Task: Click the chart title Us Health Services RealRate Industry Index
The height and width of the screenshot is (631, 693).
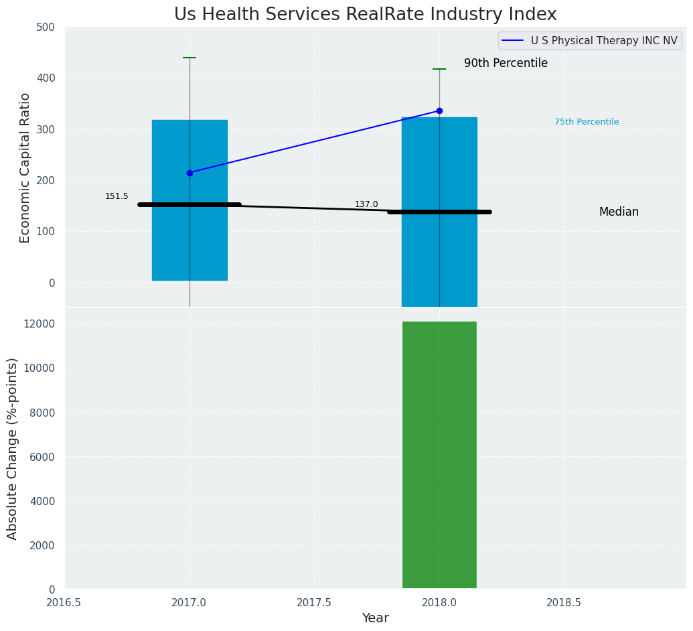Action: tap(365, 15)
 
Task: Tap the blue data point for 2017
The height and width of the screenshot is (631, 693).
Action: tap(189, 173)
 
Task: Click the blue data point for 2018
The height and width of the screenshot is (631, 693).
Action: tap(439, 111)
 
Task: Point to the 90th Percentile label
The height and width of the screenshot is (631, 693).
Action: tap(506, 64)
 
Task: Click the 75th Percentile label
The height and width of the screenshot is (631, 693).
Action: tap(586, 122)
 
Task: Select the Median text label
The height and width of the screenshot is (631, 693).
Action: tap(618, 212)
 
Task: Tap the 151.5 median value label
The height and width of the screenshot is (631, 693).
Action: tap(117, 196)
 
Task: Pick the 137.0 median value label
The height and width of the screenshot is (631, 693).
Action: tap(366, 204)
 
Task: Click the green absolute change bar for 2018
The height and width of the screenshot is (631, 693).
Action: tap(439, 455)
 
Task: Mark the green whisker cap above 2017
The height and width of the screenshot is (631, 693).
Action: tap(189, 58)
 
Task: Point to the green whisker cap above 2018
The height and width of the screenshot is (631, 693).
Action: tap(439, 69)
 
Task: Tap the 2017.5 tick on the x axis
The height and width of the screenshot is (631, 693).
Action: tap(314, 602)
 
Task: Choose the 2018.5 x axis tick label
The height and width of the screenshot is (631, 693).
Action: tap(564, 602)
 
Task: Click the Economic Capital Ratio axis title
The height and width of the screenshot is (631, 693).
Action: tap(25, 167)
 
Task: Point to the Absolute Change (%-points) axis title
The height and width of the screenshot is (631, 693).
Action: tap(13, 448)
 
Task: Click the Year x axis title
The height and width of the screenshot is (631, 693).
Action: tap(375, 618)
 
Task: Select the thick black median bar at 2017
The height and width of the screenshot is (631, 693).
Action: tap(189, 205)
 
